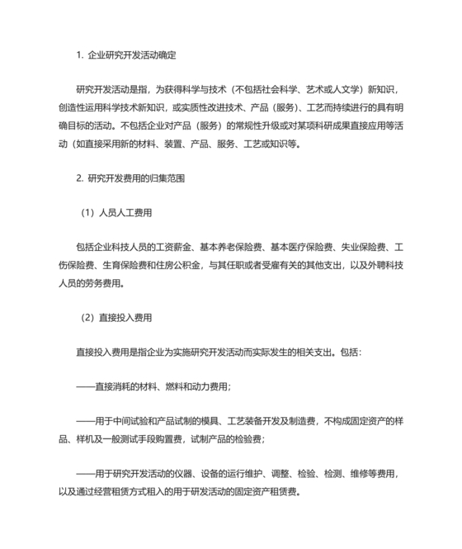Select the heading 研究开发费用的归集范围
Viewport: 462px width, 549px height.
[x=137, y=177]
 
